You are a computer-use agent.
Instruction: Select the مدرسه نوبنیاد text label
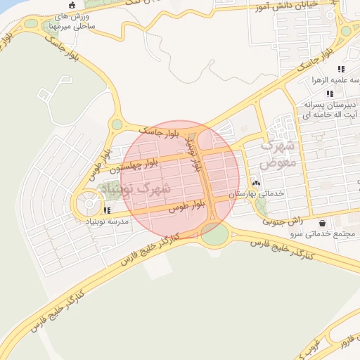[106, 222]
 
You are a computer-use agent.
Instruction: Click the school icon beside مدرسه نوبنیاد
[106, 210]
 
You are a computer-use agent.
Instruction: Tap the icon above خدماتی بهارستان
[256, 183]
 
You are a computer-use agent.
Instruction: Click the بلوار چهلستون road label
[131, 167]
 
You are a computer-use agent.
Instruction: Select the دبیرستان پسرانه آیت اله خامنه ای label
[331, 109]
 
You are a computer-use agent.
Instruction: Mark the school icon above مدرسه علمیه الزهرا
[340, 69]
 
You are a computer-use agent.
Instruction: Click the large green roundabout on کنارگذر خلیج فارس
[214, 234]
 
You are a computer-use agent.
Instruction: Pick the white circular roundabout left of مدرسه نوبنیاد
[89, 205]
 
